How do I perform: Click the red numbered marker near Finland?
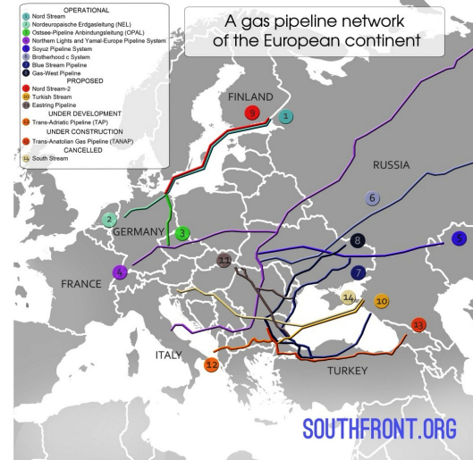(252, 113)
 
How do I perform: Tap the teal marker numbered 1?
(284, 116)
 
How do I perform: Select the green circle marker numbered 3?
(182, 234)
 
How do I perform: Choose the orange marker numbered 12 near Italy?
(211, 364)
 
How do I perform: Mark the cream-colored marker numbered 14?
(350, 297)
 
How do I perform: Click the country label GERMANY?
(139, 232)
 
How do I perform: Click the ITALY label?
(169, 355)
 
